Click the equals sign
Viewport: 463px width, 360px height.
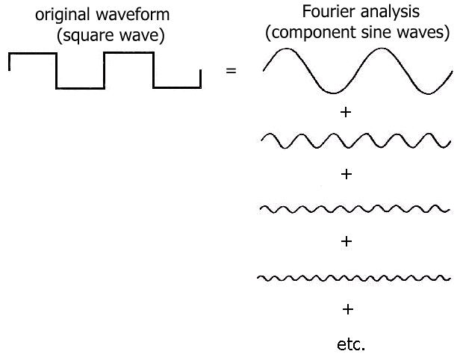231,72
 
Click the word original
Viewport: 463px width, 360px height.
63,16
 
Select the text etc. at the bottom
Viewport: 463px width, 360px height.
350,344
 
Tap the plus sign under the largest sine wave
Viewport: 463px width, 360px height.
346,113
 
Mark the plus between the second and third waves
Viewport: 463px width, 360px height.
346,175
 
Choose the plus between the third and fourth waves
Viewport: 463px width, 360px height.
346,242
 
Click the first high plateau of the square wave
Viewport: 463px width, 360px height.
32,54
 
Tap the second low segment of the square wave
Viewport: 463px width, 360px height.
176,88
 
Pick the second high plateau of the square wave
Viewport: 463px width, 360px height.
128,54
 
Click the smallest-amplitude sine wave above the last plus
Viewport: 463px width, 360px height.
353,278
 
